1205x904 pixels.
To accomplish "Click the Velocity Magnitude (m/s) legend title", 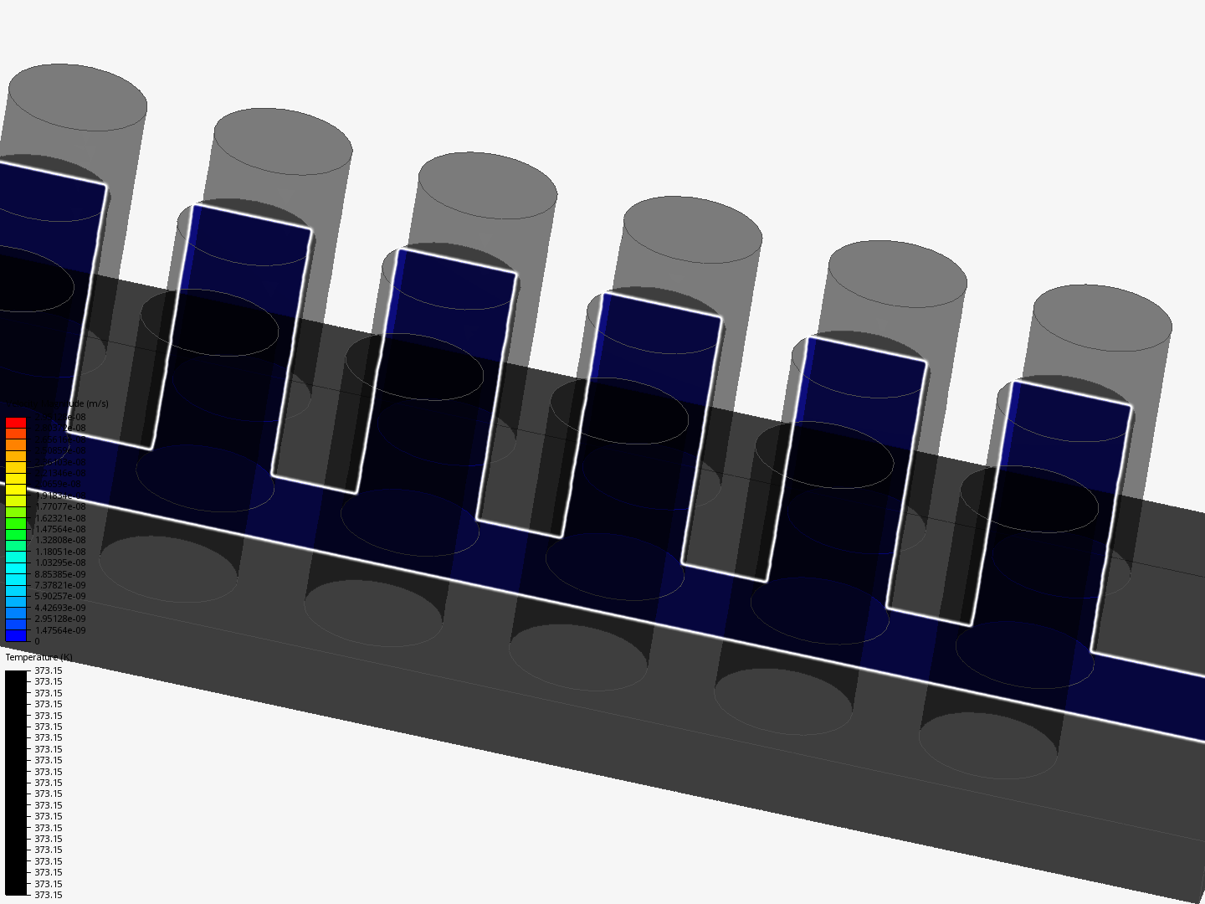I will point(56,403).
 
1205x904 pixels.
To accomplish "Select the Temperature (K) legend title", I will point(38,657).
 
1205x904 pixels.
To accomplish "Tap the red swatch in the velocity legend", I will point(15,423).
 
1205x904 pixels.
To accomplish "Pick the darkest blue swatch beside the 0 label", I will point(15,636).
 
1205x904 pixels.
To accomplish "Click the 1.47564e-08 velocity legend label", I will point(59,529).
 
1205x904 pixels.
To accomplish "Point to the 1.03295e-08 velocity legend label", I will point(59,562).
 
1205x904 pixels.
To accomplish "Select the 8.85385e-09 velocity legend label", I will point(59,574).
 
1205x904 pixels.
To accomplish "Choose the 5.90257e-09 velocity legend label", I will point(59,596).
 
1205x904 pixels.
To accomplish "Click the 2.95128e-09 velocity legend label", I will point(59,619).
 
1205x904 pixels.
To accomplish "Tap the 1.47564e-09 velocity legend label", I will point(59,630).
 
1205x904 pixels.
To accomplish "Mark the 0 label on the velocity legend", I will point(37,641).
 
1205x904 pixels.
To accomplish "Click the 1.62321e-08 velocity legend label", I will point(59,518).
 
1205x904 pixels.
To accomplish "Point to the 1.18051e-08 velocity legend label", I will point(59,552).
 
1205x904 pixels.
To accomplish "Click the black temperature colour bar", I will point(15,783).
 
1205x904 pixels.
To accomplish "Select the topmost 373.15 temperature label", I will point(48,670).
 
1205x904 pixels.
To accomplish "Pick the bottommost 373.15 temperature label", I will point(48,895).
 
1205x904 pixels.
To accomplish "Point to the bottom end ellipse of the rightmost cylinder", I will point(987,745).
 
